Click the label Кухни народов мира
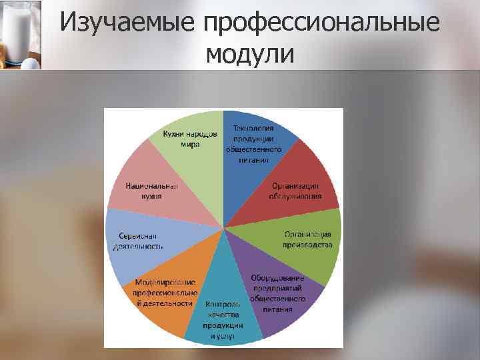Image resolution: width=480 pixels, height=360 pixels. pyautogui.click(x=190, y=139)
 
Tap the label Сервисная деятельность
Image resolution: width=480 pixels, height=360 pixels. pyautogui.click(x=141, y=241)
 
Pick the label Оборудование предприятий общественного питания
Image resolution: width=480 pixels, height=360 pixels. pyautogui.click(x=277, y=293)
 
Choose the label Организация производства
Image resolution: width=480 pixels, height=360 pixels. pyautogui.click(x=307, y=239)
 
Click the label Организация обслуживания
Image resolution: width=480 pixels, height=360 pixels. pyautogui.click(x=295, y=191)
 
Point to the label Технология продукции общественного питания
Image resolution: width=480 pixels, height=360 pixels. pyautogui.click(x=256, y=143)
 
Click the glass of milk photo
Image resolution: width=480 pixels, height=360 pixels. pyautogui.click(x=20, y=33)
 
